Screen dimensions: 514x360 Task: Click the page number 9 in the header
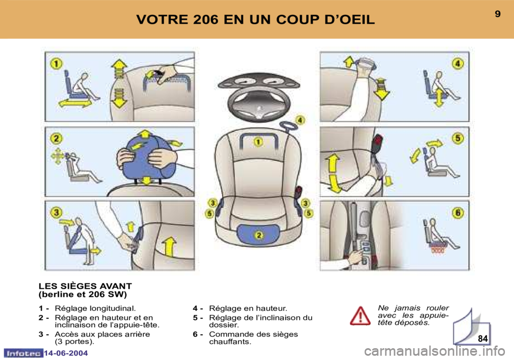[x=497, y=14]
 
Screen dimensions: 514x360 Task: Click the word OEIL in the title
[x=356, y=20]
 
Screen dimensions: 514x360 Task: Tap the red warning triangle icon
[x=360, y=316]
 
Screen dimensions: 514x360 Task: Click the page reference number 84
[x=482, y=339]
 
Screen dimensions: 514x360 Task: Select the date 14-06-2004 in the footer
[x=66, y=353]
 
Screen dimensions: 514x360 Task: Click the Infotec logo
[x=23, y=353]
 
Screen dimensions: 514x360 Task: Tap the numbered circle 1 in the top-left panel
[x=56, y=63]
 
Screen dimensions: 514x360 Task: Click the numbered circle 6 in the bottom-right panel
[x=458, y=213]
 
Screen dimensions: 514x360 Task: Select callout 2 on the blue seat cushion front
[x=259, y=235]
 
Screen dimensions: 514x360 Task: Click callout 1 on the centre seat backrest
[x=258, y=142]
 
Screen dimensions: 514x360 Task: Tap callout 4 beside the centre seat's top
[x=300, y=121]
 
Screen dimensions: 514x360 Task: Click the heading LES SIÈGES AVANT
[x=85, y=286]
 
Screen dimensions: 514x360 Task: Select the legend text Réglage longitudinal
[x=95, y=308]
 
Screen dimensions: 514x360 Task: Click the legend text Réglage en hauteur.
[x=248, y=308]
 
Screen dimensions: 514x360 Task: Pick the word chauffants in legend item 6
[x=230, y=342]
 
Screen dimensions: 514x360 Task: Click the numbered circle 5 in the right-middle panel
[x=458, y=138]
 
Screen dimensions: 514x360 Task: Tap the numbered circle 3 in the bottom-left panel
[x=56, y=213]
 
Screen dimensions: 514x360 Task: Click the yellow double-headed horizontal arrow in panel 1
[x=75, y=103]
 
